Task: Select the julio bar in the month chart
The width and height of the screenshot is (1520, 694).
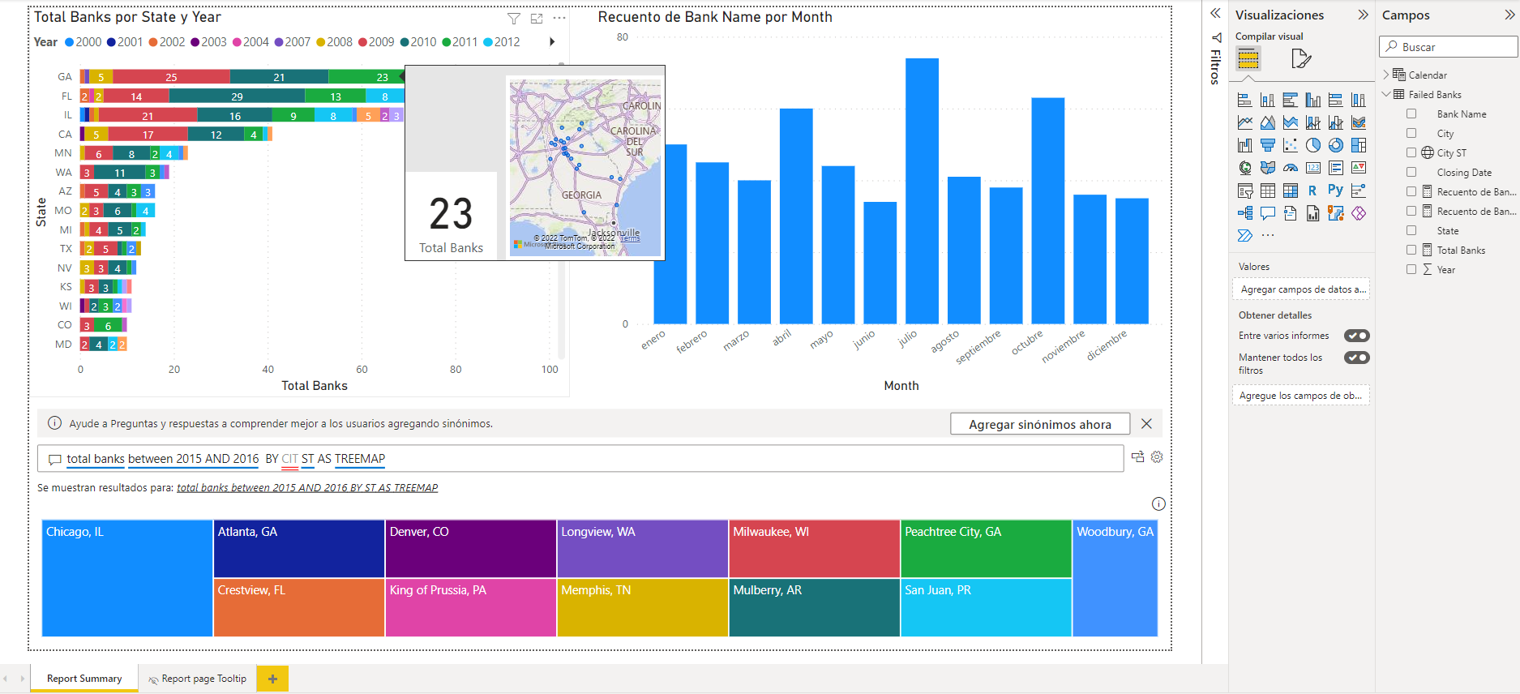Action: [922, 191]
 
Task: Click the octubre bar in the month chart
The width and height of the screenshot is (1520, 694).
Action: [1047, 211]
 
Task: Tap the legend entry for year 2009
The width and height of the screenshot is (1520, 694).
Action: [376, 42]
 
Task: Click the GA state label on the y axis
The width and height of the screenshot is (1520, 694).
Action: [65, 77]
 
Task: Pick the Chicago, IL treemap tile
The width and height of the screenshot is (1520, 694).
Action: [127, 578]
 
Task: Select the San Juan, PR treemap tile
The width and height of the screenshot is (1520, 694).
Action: [986, 607]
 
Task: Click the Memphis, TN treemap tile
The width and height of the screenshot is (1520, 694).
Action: [642, 607]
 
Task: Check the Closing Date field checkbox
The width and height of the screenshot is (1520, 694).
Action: [1411, 173]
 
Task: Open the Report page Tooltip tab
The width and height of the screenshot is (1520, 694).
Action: [198, 679]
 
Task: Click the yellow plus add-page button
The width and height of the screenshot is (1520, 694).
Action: [272, 679]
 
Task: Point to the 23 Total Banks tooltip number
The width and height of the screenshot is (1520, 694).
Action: [451, 215]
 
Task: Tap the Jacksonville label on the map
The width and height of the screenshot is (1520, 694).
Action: [614, 233]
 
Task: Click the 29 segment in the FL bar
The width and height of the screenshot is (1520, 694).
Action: [237, 96]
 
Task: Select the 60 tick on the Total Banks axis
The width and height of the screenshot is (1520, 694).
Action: [362, 370]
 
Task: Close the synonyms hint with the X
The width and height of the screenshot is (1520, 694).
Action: [1146, 424]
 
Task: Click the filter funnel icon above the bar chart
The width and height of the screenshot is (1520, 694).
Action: [513, 18]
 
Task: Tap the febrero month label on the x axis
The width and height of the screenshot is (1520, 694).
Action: [691, 341]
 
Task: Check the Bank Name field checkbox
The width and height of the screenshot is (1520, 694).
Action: [1411, 114]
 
